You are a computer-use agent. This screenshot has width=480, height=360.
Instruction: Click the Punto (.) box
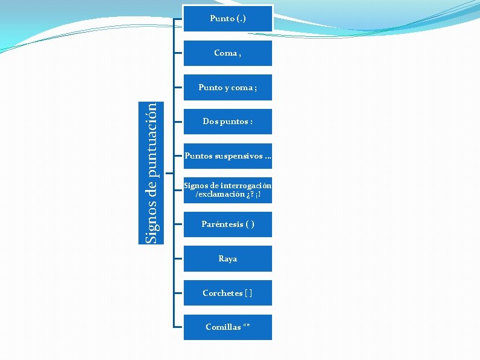228,19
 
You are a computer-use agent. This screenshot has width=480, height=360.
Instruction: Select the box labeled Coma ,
228,53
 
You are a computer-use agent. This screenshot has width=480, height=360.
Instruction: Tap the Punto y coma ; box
228,88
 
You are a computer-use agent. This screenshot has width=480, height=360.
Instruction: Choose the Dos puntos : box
228,122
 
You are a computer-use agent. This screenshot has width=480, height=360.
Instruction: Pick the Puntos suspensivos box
228,156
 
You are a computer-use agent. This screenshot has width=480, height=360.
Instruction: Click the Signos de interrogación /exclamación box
228,190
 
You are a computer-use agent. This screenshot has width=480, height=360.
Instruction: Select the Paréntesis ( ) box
228,224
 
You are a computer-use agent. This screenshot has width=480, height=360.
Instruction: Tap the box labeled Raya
228,259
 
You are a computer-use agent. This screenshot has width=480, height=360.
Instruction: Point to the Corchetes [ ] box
228,293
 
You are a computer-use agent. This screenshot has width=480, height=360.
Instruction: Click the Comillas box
228,327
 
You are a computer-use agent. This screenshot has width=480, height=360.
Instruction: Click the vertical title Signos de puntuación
154,172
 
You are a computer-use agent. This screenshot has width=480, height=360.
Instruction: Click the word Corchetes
222,293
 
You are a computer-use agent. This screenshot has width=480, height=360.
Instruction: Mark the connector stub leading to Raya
178,259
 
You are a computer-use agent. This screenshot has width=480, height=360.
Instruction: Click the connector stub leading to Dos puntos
178,122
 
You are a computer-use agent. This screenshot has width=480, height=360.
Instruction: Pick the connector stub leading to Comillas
178,327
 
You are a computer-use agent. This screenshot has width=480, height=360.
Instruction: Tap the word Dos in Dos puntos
210,122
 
